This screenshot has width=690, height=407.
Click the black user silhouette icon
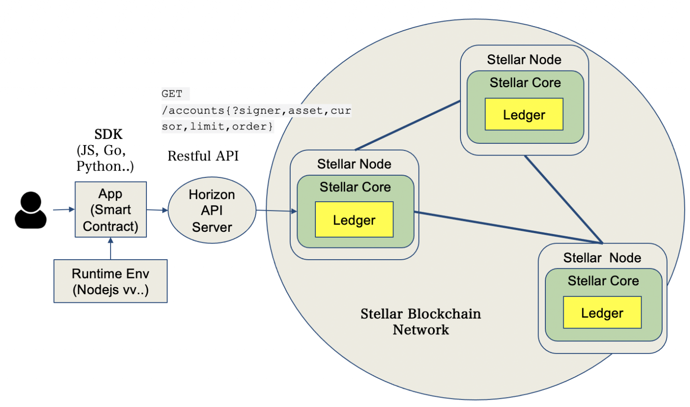coord(31,210)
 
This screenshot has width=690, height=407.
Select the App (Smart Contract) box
coord(111,210)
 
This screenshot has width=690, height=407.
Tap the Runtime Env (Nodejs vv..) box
coord(111,281)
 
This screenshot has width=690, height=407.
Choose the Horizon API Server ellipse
coord(212,210)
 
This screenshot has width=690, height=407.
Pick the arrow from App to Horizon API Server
coord(157,210)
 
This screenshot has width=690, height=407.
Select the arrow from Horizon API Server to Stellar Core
coord(276,211)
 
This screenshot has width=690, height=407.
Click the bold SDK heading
coord(108,134)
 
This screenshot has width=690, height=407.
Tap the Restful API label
coord(203,156)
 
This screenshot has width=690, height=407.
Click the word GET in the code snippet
coord(172,94)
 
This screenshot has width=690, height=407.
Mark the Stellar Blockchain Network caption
coord(420,322)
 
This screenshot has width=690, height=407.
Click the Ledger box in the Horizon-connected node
coord(354,220)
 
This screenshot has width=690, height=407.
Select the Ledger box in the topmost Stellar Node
coord(524,115)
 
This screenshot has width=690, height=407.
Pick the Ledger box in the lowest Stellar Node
coord(602,313)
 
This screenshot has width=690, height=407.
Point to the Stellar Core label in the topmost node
coord(525,83)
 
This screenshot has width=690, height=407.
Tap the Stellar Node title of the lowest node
coord(602,258)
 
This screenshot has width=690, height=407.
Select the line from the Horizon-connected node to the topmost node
coord(407,125)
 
